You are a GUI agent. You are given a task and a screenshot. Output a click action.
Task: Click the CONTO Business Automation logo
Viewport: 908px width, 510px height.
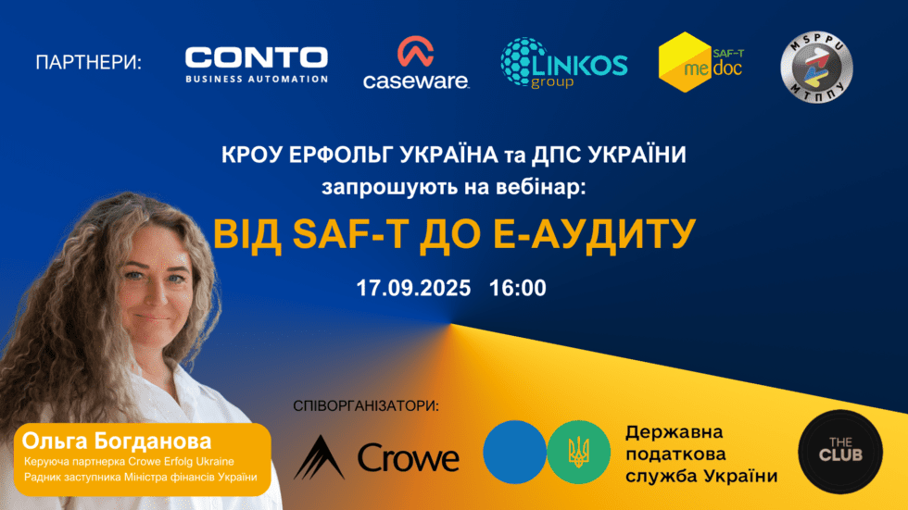(x=257, y=64)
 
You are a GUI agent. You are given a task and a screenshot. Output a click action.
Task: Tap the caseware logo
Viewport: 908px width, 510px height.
(x=416, y=64)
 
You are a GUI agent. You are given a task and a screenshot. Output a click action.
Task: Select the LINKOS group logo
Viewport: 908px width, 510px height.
(x=564, y=63)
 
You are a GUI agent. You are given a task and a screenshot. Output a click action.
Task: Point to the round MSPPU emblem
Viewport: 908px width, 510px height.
(x=816, y=68)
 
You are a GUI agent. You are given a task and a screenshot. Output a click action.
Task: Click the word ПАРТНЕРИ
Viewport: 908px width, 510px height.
(x=89, y=64)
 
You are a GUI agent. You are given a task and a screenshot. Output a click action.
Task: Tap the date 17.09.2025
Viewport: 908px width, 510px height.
(x=413, y=287)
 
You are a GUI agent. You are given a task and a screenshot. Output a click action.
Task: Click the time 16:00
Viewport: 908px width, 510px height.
(x=518, y=287)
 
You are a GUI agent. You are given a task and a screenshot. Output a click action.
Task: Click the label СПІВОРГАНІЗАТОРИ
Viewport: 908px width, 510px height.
(x=365, y=406)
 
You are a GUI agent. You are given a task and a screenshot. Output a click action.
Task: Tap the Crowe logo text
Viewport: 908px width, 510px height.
(x=409, y=457)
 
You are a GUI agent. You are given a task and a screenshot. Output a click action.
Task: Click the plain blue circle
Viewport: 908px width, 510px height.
(x=514, y=452)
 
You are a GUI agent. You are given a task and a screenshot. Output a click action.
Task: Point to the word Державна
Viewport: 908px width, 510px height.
(x=674, y=432)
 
